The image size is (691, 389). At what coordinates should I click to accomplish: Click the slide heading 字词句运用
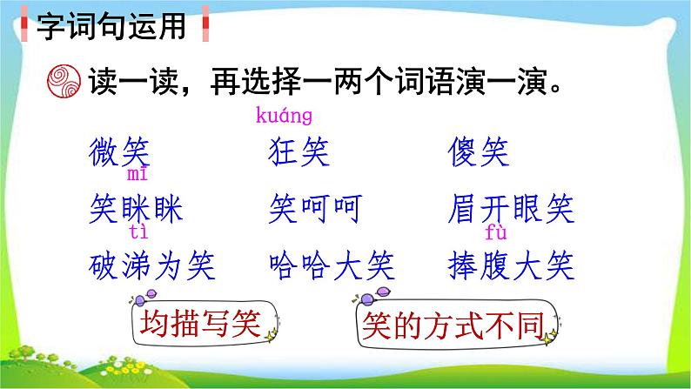(111, 26)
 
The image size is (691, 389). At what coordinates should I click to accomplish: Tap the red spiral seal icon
(64, 81)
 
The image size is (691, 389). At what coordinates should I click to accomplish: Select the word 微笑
(119, 152)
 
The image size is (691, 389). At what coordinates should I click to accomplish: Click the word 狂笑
(299, 152)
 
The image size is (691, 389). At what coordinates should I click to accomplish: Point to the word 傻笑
(479, 152)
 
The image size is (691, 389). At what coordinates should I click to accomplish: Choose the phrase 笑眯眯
(136, 209)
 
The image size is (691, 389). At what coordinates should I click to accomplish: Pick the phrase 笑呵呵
(316, 209)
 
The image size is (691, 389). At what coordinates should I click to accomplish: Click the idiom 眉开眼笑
(511, 209)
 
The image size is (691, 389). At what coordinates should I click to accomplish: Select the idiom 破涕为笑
(152, 266)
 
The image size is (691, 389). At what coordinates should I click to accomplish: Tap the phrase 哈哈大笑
(332, 266)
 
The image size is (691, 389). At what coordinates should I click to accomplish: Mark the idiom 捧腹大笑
(511, 266)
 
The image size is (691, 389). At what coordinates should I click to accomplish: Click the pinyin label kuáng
(284, 116)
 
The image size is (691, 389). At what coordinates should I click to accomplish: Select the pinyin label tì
(139, 231)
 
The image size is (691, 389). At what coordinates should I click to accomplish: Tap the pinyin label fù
(496, 231)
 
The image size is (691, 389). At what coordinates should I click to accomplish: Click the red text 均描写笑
(200, 324)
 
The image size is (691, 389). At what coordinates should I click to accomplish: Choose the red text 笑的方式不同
(453, 325)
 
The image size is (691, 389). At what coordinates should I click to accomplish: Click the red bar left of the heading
(24, 23)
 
